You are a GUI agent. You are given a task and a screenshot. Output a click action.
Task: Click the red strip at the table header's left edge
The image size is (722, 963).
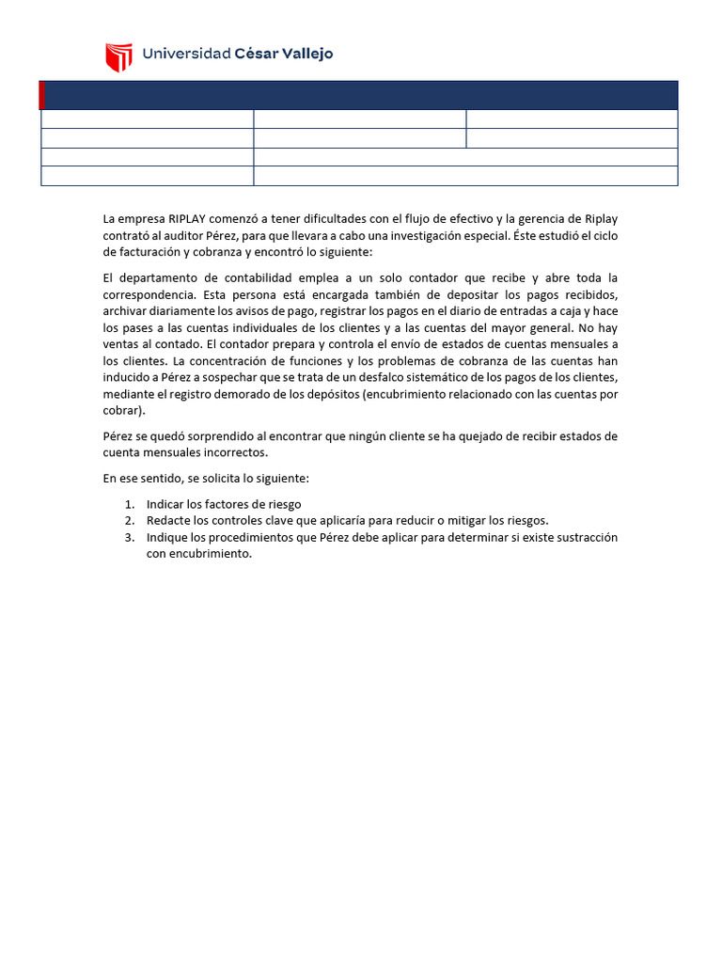point(42,95)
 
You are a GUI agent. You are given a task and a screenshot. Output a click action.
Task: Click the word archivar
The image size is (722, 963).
point(126,310)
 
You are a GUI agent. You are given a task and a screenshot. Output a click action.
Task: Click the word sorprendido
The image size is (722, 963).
point(208,436)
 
